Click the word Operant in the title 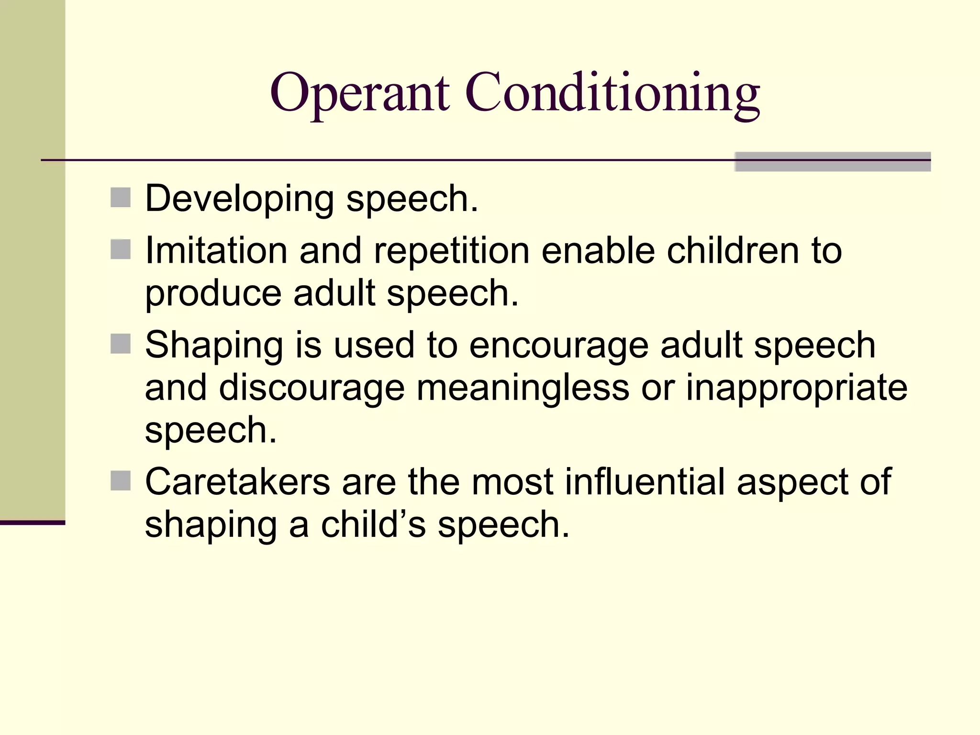point(359,93)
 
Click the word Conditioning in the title point(612,93)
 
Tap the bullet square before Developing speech point(121,198)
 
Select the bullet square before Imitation point(121,249)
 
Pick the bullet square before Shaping point(121,344)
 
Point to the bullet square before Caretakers point(121,480)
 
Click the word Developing point(239,199)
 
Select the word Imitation point(216,250)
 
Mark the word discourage point(312,388)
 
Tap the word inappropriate point(796,388)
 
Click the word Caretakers point(237,482)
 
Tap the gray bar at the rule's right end point(832,162)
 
